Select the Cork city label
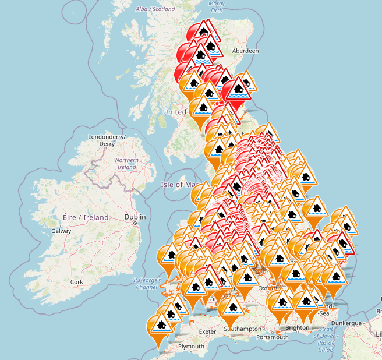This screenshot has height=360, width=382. coord(76,281)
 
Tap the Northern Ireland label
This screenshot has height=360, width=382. coord(126,164)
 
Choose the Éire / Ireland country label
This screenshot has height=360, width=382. coord(86,217)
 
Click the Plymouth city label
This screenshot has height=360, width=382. coord(191,346)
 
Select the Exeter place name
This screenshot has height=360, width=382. coord(207,331)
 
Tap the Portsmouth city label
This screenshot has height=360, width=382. coord(272,337)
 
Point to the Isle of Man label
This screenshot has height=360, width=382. coord(175,185)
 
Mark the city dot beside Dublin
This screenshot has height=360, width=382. coord(135,223)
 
